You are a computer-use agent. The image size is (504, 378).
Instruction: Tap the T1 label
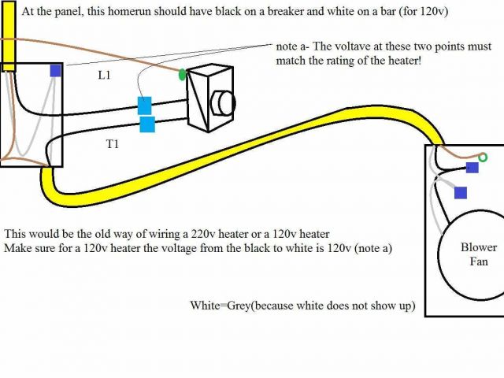[x=113, y=145]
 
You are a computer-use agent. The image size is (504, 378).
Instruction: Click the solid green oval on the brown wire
[x=183, y=75]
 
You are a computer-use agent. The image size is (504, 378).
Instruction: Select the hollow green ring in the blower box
[x=483, y=158]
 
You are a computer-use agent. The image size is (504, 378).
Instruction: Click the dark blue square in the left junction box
[x=55, y=70]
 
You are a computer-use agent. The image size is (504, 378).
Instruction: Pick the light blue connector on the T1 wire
[x=147, y=124]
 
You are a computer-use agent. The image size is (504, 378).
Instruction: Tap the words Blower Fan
[x=479, y=254]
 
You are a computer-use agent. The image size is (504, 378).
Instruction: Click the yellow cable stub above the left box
[x=9, y=35]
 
